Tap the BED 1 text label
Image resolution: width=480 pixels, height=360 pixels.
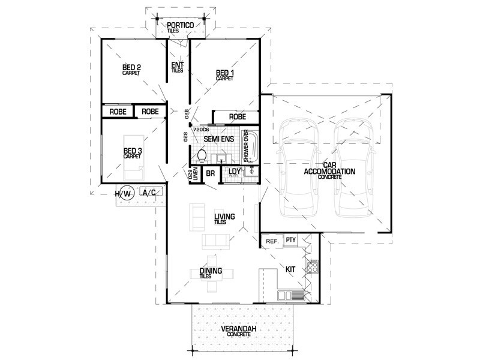(x=225, y=73)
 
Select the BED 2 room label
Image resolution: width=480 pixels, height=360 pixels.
(x=131, y=67)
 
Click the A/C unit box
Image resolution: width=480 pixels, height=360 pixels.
(x=149, y=192)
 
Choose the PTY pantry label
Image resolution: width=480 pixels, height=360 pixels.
(x=291, y=240)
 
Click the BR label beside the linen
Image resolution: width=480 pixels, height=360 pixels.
(x=211, y=173)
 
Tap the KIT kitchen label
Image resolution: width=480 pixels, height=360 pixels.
(x=289, y=271)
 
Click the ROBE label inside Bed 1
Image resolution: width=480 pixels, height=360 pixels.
(x=238, y=117)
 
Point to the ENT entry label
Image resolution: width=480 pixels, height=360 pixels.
(x=177, y=65)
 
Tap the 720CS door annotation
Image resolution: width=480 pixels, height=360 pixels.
(x=201, y=130)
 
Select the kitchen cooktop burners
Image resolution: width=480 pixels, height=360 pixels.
(x=311, y=266)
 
